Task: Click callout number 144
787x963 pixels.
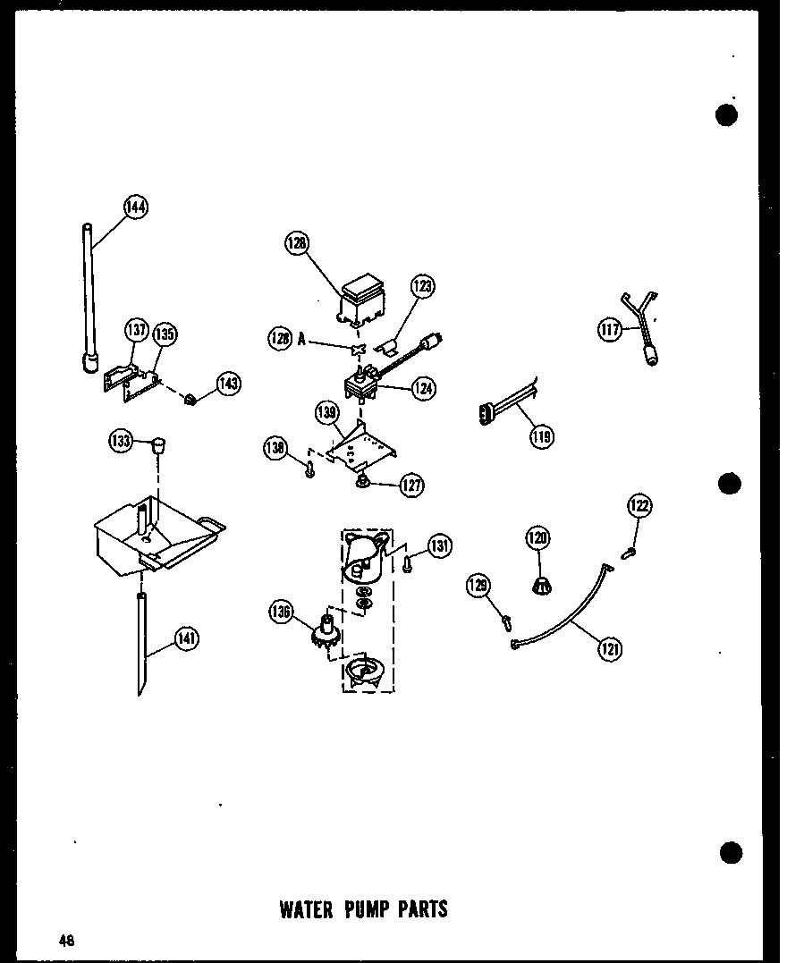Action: tap(136, 208)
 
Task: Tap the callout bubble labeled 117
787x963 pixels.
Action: tap(610, 330)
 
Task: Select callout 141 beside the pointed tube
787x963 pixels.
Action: tap(187, 638)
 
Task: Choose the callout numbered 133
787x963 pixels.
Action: tap(119, 440)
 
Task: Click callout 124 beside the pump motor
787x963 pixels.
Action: tap(423, 388)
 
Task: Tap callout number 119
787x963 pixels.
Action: tap(541, 436)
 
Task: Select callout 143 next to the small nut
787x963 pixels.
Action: tap(228, 384)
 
